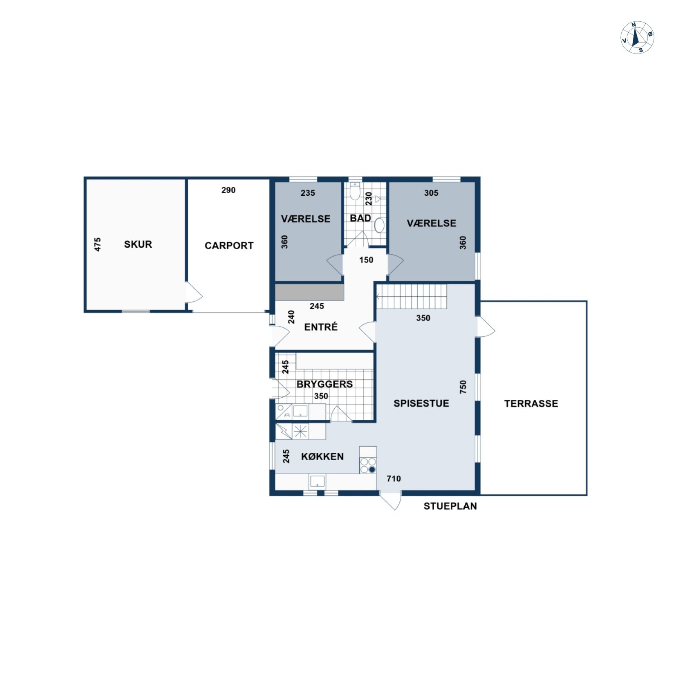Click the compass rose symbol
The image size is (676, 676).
pyautogui.click(x=637, y=37)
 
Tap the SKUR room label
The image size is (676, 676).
pyautogui.click(x=138, y=244)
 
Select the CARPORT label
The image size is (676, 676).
pyautogui.click(x=229, y=246)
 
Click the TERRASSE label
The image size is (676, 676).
pyautogui.click(x=531, y=403)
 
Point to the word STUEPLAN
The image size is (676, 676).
pyautogui.click(x=450, y=506)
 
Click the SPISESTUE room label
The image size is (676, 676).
pyautogui.click(x=421, y=403)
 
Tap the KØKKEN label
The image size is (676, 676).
pyautogui.click(x=322, y=457)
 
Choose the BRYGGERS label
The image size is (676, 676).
pyautogui.click(x=325, y=384)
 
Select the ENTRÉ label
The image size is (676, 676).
pyautogui.click(x=321, y=327)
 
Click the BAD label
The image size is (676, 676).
pyautogui.click(x=360, y=218)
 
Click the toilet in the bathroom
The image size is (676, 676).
pyautogui.click(x=354, y=191)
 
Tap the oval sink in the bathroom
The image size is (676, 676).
pyautogui.click(x=380, y=225)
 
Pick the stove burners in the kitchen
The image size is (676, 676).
pyautogui.click(x=368, y=466)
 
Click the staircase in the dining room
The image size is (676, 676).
pyautogui.click(x=412, y=297)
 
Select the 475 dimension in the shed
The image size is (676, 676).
pyautogui.click(x=97, y=244)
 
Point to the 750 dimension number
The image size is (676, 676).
pyautogui.click(x=463, y=387)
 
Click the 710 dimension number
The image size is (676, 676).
pyautogui.click(x=394, y=479)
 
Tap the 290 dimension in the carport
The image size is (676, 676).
pyautogui.click(x=228, y=190)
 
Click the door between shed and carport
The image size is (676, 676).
pyautogui.click(x=193, y=293)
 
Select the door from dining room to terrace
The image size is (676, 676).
pyautogui.click(x=486, y=327)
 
